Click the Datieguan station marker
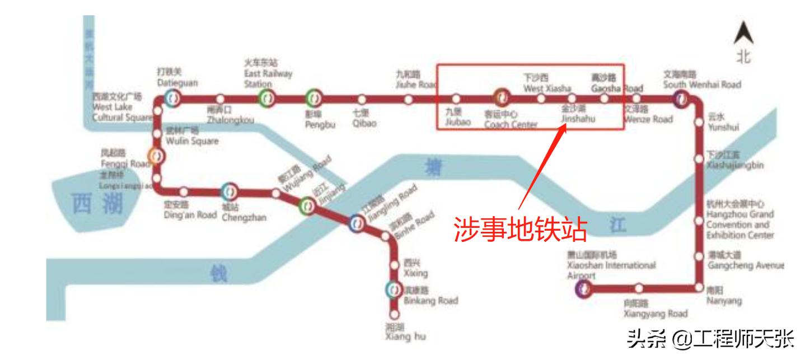pos(172,99)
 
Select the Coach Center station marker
pos(500,99)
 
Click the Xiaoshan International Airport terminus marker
pos(584,288)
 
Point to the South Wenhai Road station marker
pos(681,99)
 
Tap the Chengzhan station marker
pos(230,192)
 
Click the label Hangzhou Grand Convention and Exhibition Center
pos(739,219)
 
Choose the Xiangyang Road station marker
pos(639,288)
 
